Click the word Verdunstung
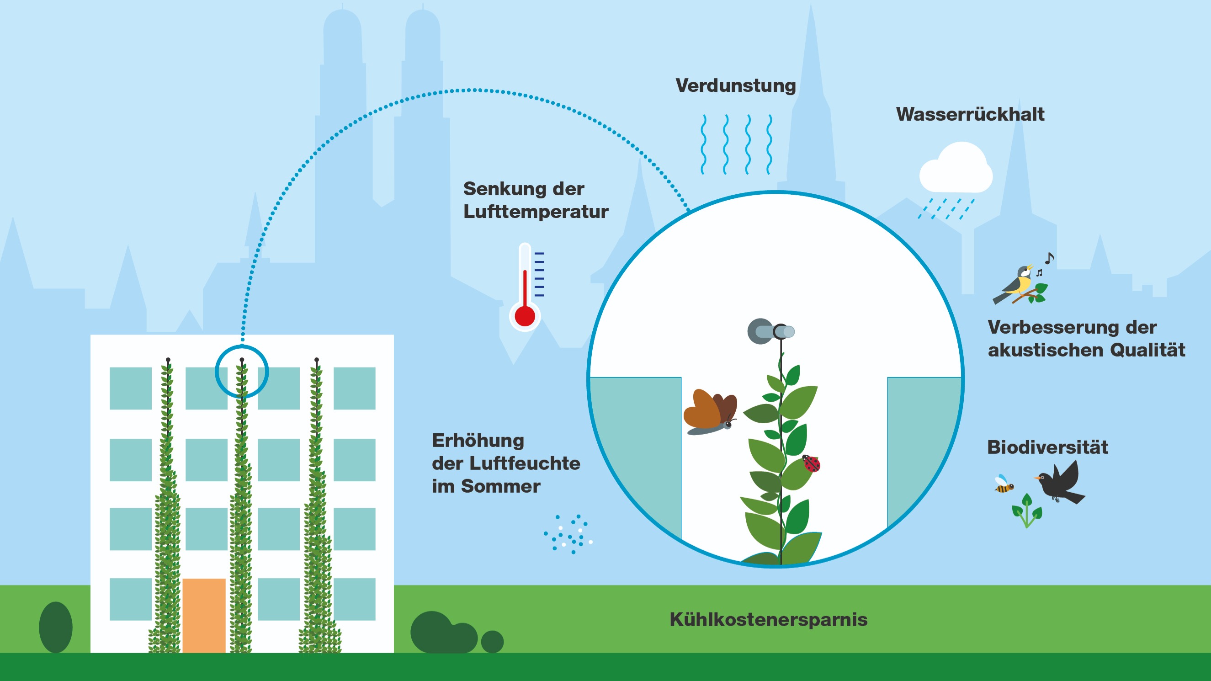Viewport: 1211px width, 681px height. tap(736, 85)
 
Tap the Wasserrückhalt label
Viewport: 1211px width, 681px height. tap(970, 114)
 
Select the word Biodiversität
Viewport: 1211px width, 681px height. tap(1047, 447)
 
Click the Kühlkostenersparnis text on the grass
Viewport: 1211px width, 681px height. tap(769, 619)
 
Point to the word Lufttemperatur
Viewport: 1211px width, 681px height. tap(536, 212)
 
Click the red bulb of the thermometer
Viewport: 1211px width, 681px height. tap(525, 316)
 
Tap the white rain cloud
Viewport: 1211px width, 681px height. tap(956, 169)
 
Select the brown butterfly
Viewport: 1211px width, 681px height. tap(710, 411)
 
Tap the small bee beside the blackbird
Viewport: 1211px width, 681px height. tap(1004, 485)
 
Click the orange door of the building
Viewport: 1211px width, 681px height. tap(203, 615)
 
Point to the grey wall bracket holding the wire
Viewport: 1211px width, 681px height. tap(770, 331)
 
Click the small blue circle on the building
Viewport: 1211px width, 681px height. tap(242, 372)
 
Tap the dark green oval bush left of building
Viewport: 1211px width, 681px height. tap(55, 627)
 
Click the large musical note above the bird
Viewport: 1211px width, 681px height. tap(1049, 258)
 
